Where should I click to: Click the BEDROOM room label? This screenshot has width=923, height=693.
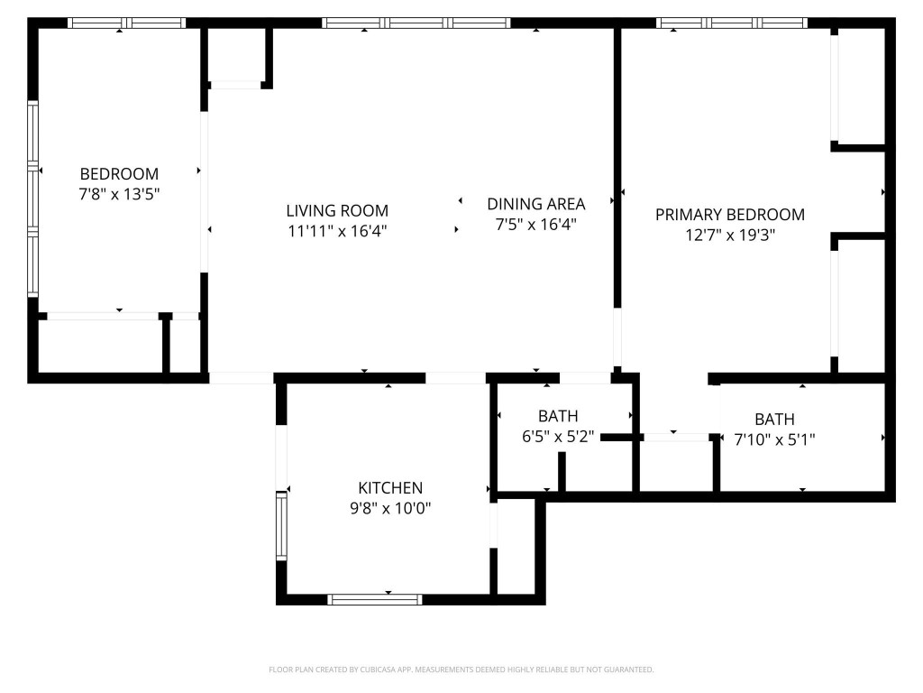pos(119,173)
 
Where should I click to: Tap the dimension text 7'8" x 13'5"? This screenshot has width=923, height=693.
pos(119,193)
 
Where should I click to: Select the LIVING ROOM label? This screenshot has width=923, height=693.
pos(337,210)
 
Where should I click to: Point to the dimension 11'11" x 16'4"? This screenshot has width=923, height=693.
pos(337,230)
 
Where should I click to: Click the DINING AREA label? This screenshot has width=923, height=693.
pos(535,204)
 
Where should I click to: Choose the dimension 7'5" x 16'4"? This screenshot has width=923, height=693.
pos(535,224)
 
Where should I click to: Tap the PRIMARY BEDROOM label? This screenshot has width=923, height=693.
pos(729,215)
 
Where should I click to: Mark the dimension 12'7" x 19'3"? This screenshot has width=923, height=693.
pos(729,235)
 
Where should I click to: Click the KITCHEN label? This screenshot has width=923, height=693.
pos(390,488)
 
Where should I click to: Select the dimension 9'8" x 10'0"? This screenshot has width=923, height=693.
pos(390,508)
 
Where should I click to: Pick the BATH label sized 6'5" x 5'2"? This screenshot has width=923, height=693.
pos(558,417)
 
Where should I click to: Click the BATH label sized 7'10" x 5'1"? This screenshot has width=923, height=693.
pos(774,420)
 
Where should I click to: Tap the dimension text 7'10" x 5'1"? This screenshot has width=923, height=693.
pos(774,439)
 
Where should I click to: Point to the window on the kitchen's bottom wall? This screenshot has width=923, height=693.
pos(374,598)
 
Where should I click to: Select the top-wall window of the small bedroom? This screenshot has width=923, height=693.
pos(126,23)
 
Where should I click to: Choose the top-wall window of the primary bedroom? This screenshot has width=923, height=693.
pos(731,23)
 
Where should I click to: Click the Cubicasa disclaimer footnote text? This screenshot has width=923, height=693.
pos(461,670)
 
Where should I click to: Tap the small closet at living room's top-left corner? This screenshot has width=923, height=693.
pos(236,56)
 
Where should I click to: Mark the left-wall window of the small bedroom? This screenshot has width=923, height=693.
pos(33,199)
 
